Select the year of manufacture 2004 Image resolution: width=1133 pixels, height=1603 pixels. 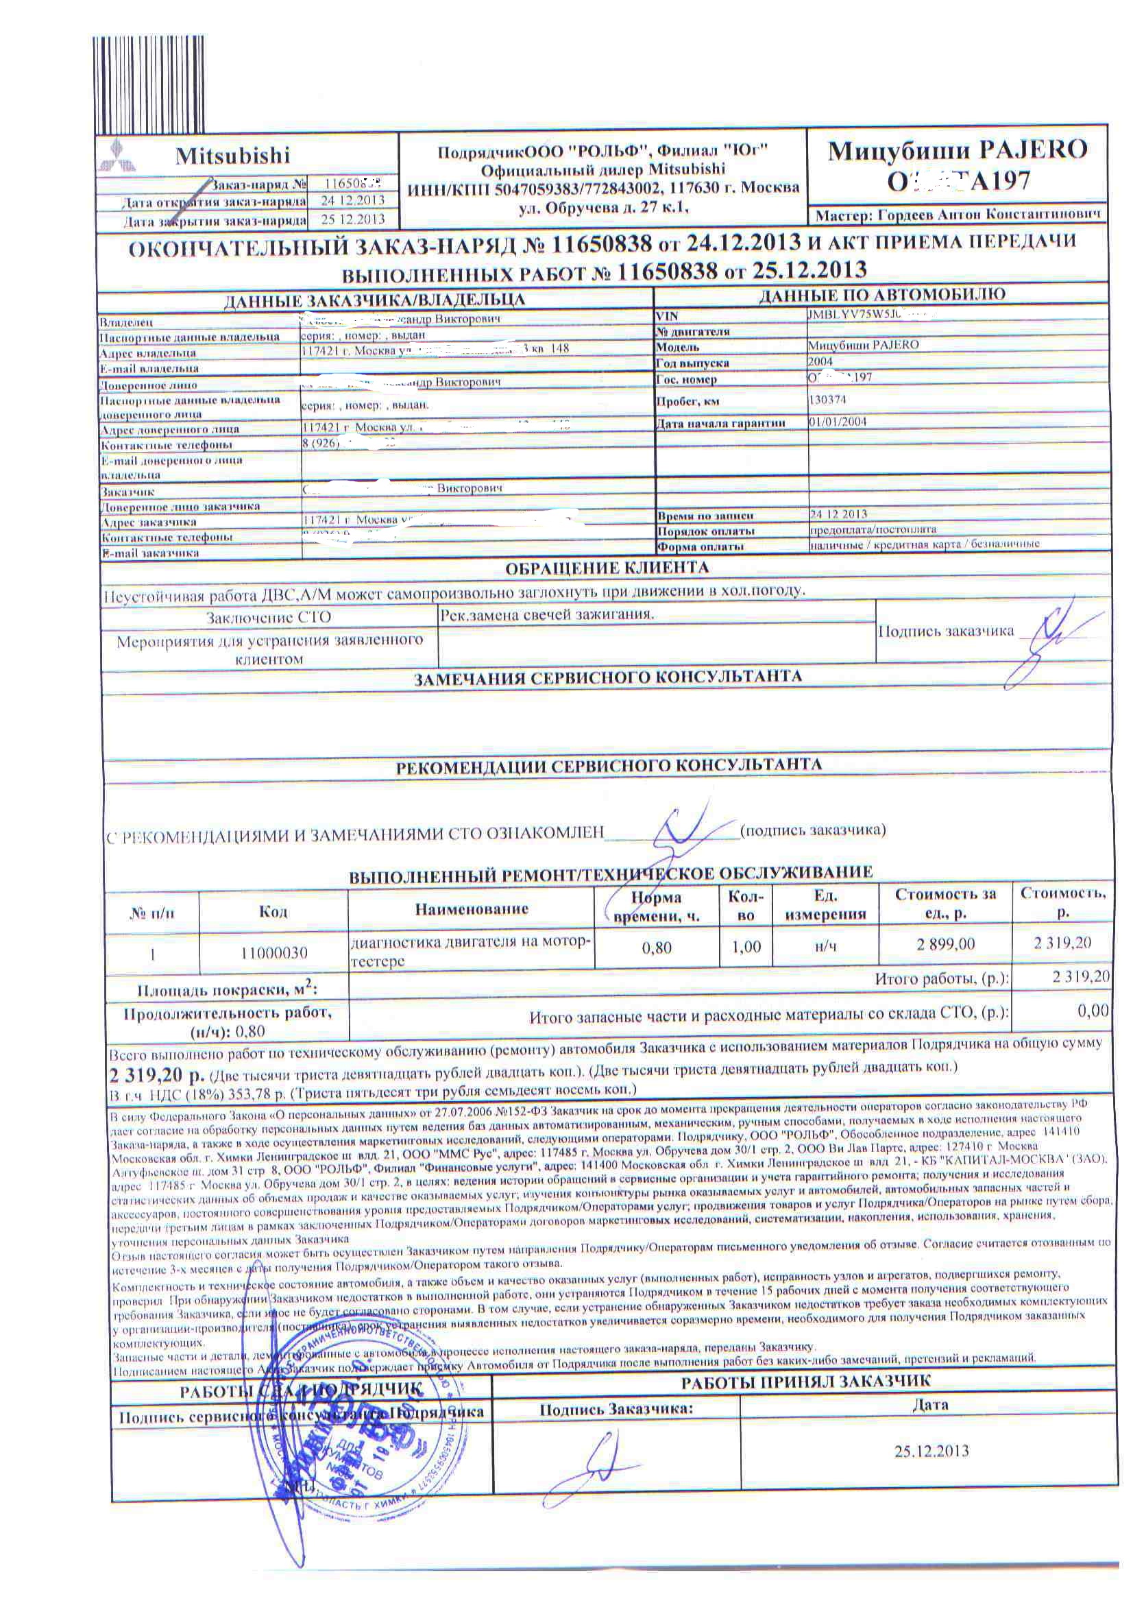click(x=820, y=361)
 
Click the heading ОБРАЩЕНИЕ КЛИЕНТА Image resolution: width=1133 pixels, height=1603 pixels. click(x=606, y=567)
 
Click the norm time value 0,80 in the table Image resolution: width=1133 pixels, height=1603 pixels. click(x=656, y=947)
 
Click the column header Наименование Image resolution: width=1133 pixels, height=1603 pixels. click(x=471, y=908)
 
